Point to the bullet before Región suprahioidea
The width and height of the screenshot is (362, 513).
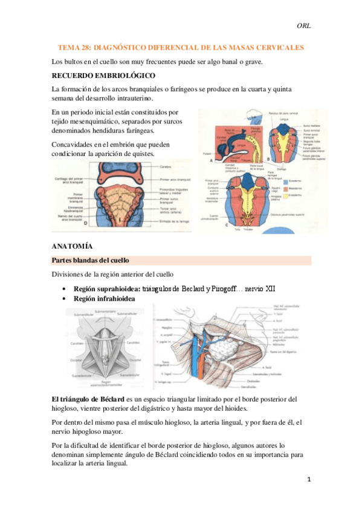(63, 289)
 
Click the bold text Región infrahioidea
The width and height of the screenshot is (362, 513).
(104, 299)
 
